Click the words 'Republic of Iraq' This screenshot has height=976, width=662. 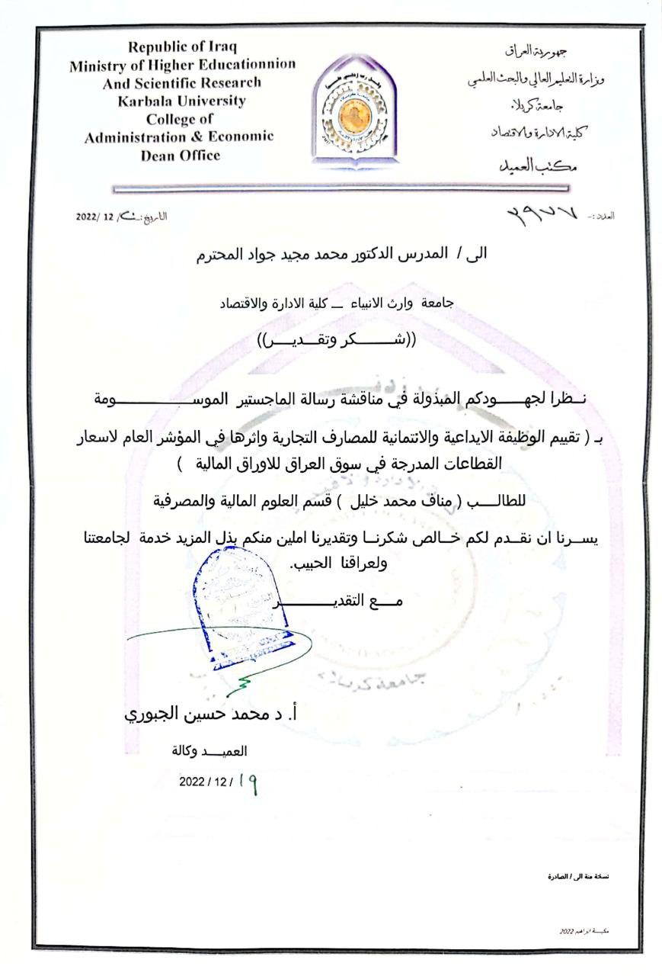181,46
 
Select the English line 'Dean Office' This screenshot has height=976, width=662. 181,156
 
